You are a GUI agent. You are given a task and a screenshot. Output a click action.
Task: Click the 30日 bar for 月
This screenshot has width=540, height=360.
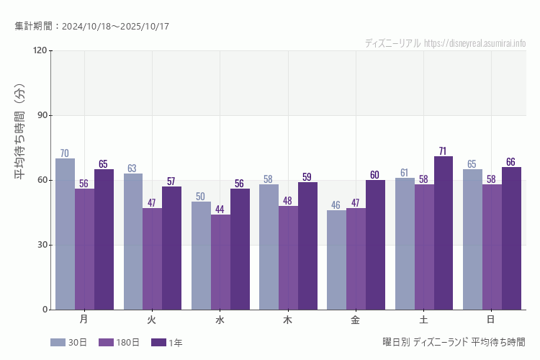[65, 234]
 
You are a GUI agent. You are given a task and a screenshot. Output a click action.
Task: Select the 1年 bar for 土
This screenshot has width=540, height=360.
[444, 233]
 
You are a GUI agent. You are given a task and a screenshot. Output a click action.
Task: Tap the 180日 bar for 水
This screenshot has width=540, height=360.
[220, 262]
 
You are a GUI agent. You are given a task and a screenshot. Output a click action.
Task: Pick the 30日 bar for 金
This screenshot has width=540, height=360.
[336, 260]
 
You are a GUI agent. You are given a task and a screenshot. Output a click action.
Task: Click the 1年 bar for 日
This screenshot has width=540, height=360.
[511, 238]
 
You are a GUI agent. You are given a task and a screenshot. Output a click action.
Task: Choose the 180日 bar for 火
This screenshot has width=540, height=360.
[152, 259]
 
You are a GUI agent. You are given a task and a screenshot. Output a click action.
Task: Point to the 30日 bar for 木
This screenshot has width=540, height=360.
[269, 247]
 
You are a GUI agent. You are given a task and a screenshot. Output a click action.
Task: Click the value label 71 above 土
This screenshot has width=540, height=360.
[444, 151]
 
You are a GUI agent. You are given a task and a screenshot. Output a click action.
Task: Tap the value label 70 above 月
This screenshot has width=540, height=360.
[65, 153]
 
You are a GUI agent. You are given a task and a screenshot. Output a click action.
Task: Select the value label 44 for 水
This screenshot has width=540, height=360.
[220, 210]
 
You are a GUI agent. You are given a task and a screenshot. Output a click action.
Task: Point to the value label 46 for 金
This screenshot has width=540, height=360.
[336, 205]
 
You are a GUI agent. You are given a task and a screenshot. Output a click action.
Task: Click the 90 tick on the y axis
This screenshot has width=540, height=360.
[40, 115]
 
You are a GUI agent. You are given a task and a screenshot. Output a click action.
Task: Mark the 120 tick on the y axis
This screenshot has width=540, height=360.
[39, 50]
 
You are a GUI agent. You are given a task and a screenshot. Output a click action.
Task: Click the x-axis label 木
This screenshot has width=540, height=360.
[288, 319]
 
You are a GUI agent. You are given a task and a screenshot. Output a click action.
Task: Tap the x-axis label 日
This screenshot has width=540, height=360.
[491, 319]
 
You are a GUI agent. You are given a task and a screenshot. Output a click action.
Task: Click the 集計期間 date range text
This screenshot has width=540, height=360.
[91, 27]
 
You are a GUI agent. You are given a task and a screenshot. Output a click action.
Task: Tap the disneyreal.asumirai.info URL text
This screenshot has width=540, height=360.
[475, 43]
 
